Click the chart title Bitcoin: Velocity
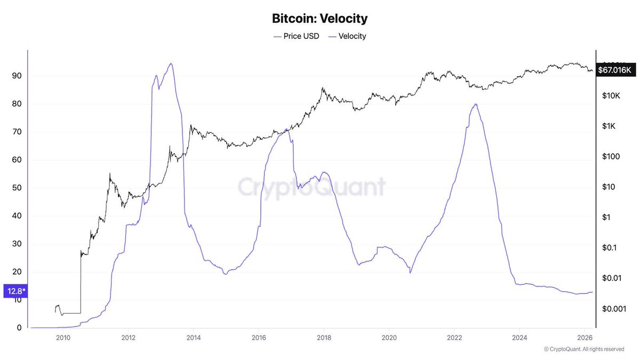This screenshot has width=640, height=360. (319, 19)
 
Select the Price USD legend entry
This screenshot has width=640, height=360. (297, 36)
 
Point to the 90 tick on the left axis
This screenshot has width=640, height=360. (17, 76)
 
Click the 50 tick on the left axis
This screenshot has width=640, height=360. (17, 188)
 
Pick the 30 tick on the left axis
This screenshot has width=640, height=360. (17, 244)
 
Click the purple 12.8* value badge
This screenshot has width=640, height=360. (15, 291)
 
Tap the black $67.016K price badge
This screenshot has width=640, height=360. (615, 69)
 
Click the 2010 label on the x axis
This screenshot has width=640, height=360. (63, 337)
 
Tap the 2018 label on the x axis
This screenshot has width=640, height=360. (324, 337)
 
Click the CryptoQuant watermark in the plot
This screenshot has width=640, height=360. (311, 188)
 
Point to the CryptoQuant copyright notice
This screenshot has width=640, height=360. (583, 349)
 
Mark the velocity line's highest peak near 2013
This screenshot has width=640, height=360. (171, 63)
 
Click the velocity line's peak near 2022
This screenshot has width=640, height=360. (475, 104)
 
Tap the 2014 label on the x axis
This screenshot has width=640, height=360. (194, 337)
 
